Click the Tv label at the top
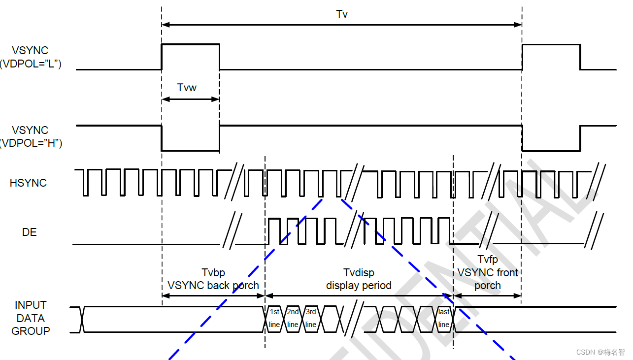(x=342, y=14)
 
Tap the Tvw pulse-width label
(x=187, y=88)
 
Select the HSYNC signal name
(x=28, y=183)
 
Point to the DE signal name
(x=30, y=232)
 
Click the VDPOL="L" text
(x=31, y=64)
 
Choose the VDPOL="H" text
(x=31, y=143)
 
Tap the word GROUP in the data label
(x=31, y=331)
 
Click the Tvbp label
(x=213, y=273)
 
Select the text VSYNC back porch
(x=213, y=285)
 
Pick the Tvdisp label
(x=359, y=273)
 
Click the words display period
(x=359, y=286)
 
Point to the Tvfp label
(x=488, y=260)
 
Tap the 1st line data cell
(x=275, y=318)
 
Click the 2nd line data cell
(x=293, y=318)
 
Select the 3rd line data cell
(x=311, y=318)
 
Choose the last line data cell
(x=444, y=318)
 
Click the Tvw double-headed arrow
(x=190, y=99)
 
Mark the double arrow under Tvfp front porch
(x=487, y=295)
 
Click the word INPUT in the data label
(x=31, y=305)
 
